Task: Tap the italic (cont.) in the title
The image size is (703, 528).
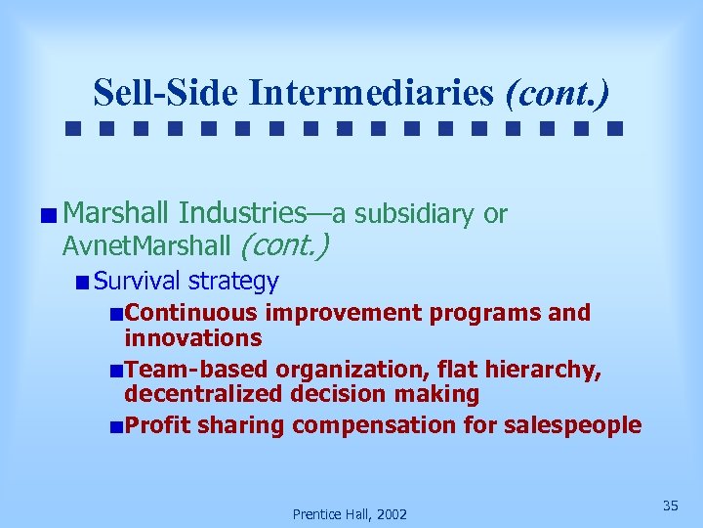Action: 558,93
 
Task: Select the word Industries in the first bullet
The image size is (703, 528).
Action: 243,213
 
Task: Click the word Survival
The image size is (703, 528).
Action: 138,282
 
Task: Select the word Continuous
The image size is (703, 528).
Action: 191,313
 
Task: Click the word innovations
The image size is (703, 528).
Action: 192,338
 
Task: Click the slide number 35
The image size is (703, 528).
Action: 670,506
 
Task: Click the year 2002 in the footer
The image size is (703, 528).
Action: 391,514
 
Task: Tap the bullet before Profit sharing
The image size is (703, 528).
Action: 116,426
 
